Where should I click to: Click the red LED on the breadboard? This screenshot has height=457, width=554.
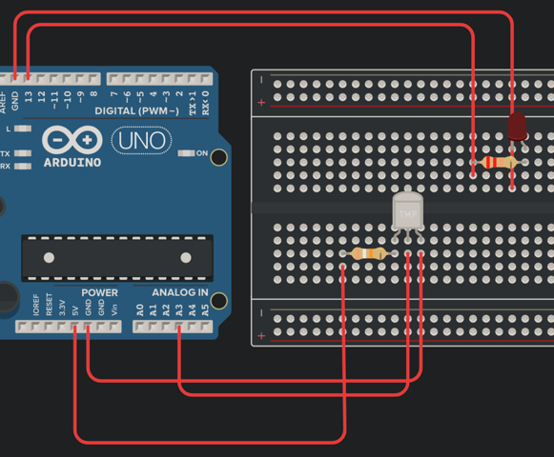click(x=517, y=126)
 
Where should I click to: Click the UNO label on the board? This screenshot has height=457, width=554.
click(x=143, y=141)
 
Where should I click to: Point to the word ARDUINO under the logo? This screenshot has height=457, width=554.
click(x=72, y=162)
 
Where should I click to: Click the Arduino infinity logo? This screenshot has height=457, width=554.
click(x=72, y=140)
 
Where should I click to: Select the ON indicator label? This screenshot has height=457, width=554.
click(x=202, y=152)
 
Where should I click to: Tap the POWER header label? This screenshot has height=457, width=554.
click(x=100, y=292)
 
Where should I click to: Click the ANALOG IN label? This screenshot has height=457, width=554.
click(x=180, y=292)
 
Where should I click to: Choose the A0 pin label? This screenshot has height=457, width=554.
click(x=141, y=308)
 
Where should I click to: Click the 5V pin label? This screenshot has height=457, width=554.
click(x=75, y=308)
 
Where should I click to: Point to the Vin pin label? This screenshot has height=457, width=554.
click(x=115, y=308)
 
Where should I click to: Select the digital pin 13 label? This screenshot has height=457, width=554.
click(x=29, y=95)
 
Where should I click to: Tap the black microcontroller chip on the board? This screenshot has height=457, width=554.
click(x=116, y=255)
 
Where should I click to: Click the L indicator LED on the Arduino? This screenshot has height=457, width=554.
click(x=24, y=128)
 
